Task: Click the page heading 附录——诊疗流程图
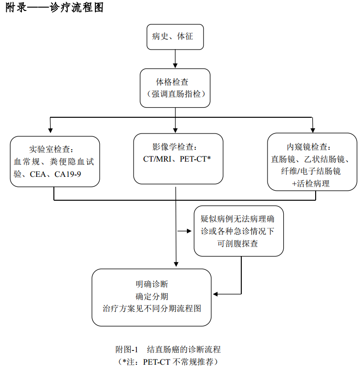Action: click(54, 8)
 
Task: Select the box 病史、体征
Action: click(175, 36)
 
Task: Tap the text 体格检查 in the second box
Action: click(175, 82)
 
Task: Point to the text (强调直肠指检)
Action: click(175, 94)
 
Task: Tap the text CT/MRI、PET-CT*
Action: click(177, 159)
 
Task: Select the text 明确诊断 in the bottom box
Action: click(152, 284)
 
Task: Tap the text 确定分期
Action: click(152, 296)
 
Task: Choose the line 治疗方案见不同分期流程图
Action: click(152, 308)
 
